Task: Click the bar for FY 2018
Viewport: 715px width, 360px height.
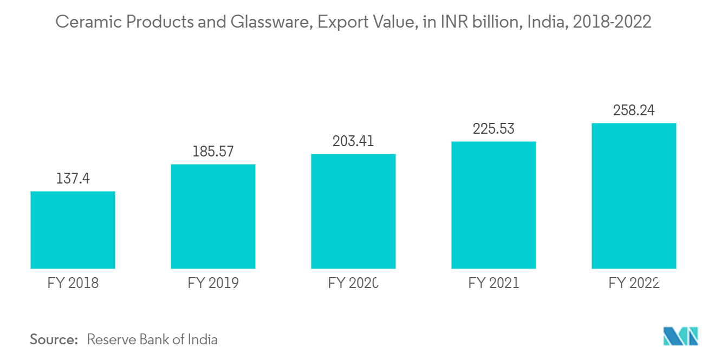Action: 73,230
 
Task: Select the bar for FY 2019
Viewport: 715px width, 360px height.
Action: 213,217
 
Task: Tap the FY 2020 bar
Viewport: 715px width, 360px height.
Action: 353,211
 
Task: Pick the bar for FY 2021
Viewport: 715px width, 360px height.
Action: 493,205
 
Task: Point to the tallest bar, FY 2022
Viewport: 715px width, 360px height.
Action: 634,196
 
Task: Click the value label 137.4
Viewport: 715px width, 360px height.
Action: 73,179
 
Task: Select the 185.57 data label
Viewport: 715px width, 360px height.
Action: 213,151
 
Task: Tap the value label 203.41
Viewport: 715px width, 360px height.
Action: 353,141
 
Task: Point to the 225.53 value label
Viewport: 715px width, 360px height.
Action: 493,129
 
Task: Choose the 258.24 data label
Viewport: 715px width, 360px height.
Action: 634,110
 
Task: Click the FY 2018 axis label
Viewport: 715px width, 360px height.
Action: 73,283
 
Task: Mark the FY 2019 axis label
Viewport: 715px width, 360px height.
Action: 213,283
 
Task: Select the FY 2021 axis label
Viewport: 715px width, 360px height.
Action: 493,283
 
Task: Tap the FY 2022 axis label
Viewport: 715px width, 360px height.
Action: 634,283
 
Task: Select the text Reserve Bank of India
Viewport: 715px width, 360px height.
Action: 152,339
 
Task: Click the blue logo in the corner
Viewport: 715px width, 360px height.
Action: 680,336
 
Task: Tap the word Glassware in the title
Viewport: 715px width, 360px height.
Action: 271,22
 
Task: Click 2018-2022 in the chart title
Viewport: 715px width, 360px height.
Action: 612,22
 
